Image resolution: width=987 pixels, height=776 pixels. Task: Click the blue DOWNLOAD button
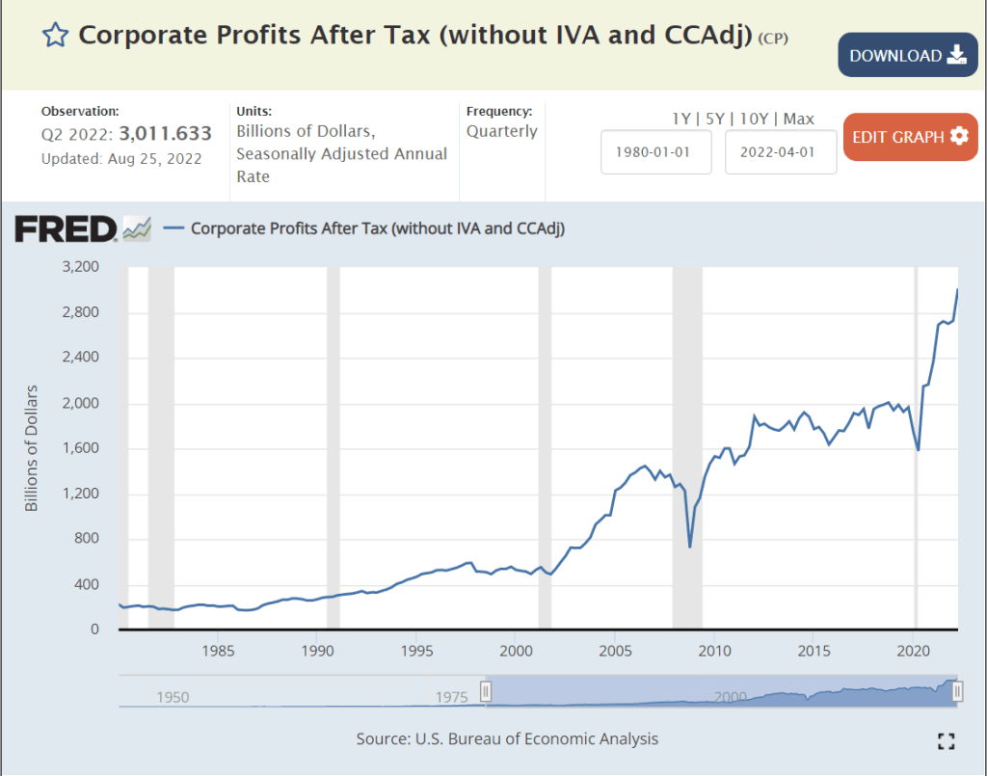[907, 55]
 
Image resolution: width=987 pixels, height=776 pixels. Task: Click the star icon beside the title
[56, 36]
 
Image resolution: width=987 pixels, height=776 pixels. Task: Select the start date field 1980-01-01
[655, 152]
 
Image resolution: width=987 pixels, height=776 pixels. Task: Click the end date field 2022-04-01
[781, 152]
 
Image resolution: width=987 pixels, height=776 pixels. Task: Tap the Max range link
[799, 119]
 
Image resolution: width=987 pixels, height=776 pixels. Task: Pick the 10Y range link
[757, 119]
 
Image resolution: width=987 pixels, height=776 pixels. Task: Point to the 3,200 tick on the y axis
[81, 267]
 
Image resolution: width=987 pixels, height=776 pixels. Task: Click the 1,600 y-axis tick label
[81, 448]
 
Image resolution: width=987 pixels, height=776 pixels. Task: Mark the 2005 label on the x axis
[615, 651]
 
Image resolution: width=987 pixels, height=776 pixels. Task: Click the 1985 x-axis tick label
[218, 651]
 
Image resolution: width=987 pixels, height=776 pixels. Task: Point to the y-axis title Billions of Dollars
[32, 448]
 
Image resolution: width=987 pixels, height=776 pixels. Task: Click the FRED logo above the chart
[66, 228]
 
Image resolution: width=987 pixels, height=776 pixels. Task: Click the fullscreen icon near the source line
[947, 740]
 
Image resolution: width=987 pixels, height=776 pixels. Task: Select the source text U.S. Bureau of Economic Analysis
[538, 739]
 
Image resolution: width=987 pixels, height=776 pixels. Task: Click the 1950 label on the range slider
[173, 697]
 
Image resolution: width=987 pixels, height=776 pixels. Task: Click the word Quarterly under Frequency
[502, 131]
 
